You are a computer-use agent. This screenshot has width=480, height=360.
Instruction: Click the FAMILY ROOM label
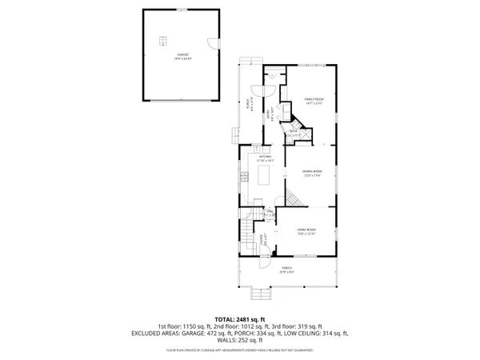point(312,102)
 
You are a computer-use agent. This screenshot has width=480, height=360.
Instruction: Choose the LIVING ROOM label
point(306,232)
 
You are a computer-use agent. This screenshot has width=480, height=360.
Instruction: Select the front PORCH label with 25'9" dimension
point(286,270)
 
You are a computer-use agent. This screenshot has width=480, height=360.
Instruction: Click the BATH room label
point(294,133)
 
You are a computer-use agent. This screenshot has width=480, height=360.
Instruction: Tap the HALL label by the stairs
point(270,213)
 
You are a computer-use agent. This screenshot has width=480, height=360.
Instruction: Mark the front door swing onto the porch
point(267,256)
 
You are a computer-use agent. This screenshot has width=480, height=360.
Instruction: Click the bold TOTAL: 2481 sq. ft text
point(240,318)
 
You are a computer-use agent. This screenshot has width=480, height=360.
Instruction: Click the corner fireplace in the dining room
point(290,191)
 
